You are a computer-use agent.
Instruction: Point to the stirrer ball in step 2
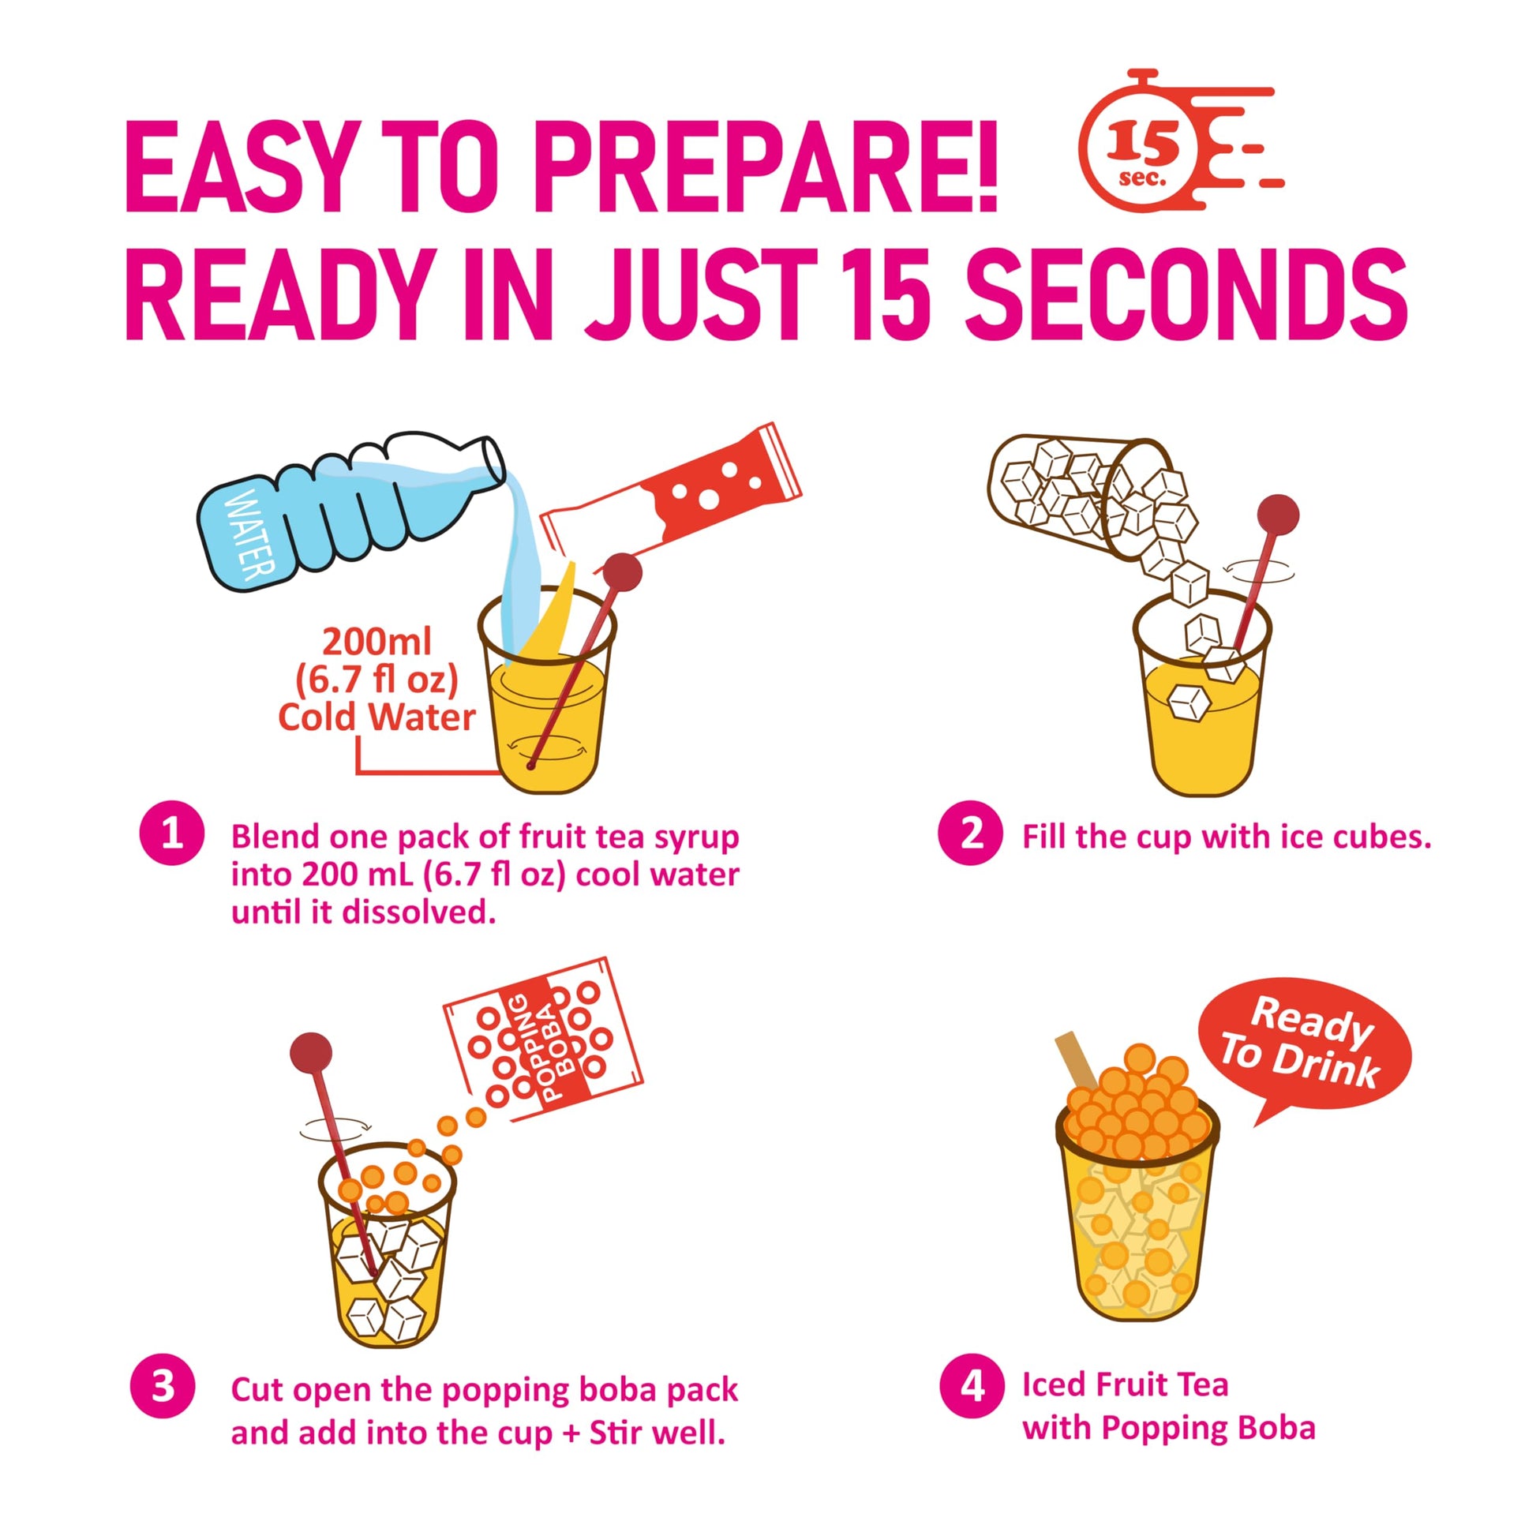pos(1279,512)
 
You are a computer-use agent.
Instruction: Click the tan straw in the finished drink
pos(1077,1060)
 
